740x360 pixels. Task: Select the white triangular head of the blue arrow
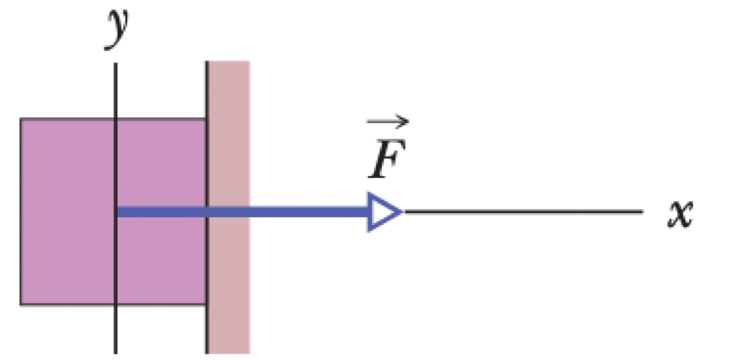click(x=382, y=212)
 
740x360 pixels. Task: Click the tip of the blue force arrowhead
click(x=402, y=212)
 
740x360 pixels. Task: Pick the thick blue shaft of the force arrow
click(x=247, y=212)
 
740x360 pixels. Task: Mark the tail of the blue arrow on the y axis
click(x=117, y=212)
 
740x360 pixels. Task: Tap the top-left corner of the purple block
click(x=21, y=119)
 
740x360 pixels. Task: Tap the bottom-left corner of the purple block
click(x=21, y=305)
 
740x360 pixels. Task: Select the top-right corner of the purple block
click(x=206, y=119)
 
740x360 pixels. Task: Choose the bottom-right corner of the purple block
click(x=206, y=305)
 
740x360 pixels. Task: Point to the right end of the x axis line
click(x=643, y=212)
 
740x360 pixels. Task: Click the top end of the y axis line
click(x=116, y=62)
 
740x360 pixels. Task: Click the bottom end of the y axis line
click(x=116, y=353)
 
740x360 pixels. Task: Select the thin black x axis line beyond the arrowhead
click(x=524, y=212)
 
